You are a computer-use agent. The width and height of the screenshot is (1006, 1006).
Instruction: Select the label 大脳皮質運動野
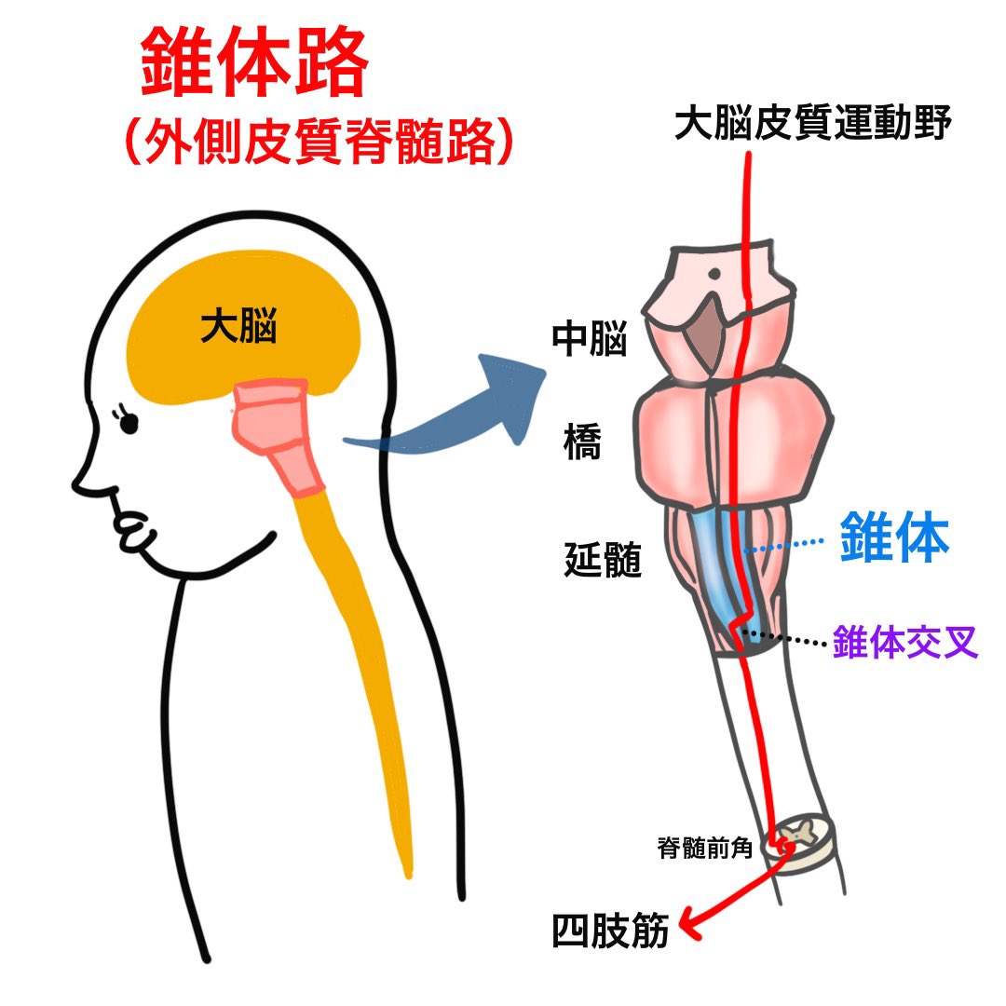point(812,123)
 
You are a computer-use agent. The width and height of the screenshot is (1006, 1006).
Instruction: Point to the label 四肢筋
point(611,931)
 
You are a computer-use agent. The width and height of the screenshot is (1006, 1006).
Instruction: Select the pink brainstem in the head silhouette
point(275,433)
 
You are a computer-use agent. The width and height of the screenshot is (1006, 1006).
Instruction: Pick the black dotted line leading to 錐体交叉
point(787,638)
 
